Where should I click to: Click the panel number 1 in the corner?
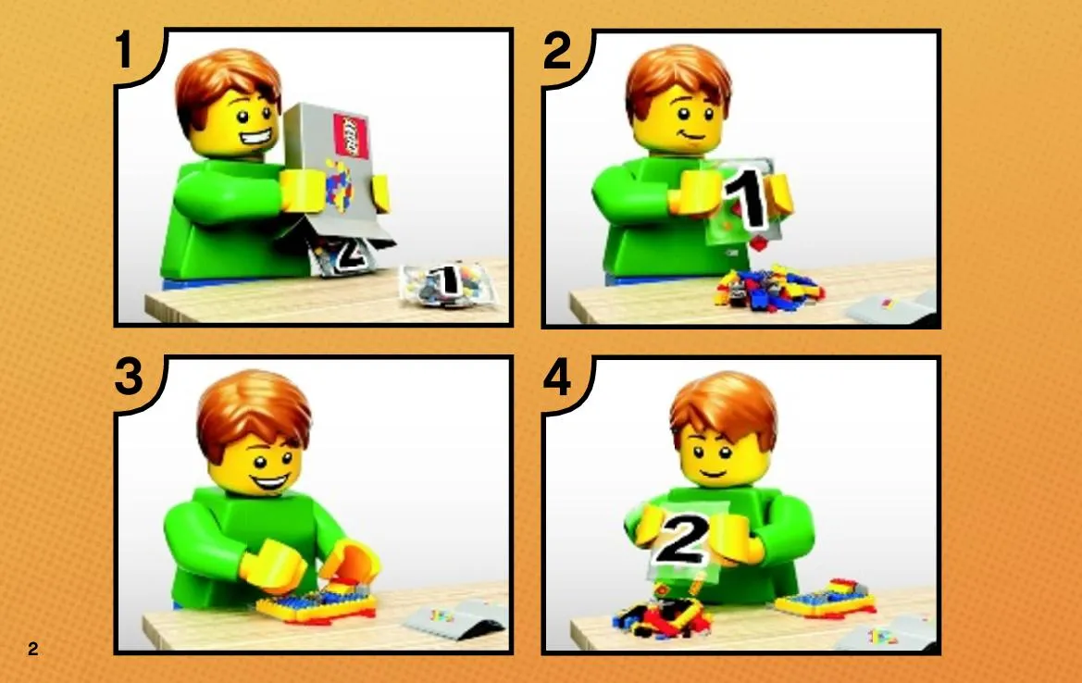coord(124,50)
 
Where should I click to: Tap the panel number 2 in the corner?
coord(557,50)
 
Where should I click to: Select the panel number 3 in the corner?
coord(129,378)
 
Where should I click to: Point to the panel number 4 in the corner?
coord(557,378)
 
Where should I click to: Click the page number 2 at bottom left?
coord(33,649)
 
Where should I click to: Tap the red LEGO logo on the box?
coord(351,135)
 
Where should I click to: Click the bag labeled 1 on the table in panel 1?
coord(449,283)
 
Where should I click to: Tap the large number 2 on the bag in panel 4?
coord(682,540)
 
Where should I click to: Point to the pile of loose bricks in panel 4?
coord(663,614)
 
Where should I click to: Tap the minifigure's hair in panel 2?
coord(678,80)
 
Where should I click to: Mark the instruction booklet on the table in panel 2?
coord(891,307)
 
